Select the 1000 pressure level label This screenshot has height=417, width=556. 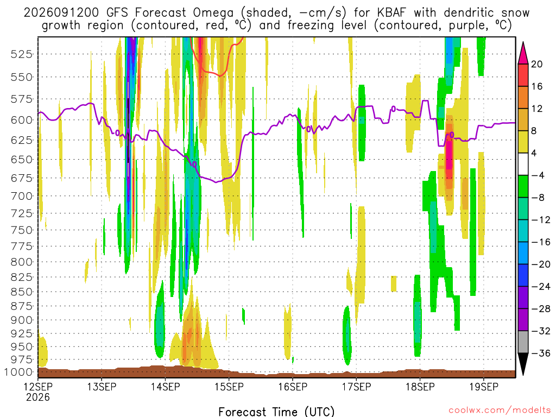(x=18, y=372)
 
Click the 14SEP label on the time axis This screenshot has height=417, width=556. (x=166, y=387)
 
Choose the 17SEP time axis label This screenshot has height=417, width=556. (x=357, y=387)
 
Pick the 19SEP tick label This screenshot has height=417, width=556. (x=484, y=387)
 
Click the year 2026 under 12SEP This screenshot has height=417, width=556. (x=38, y=397)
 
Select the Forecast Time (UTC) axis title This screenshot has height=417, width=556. (x=276, y=412)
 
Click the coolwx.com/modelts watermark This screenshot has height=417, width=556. (x=500, y=410)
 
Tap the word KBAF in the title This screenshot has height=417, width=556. (x=391, y=13)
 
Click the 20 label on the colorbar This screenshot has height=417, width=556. (x=536, y=64)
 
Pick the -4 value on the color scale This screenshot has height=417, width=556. (x=538, y=175)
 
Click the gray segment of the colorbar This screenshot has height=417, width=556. (x=523, y=342)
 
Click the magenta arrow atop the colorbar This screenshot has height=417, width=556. (x=523, y=53)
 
